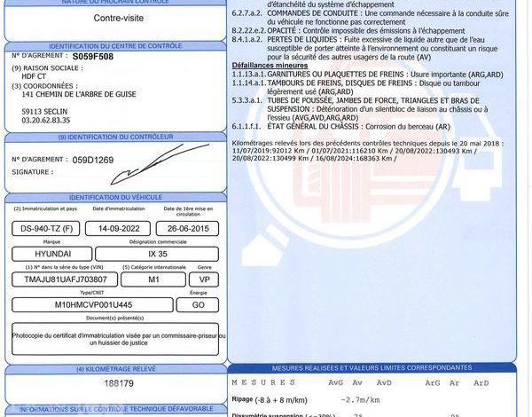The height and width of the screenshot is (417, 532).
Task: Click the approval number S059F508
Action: click(93, 55)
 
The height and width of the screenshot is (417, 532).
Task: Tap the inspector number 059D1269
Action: click(93, 160)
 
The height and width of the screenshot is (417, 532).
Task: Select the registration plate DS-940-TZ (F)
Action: click(45, 229)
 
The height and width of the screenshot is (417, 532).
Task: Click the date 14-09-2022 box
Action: click(117, 229)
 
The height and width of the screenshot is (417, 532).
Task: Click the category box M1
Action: click(152, 279)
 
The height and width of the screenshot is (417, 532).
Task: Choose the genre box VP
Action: click(203, 279)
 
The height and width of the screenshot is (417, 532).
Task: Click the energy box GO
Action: click(203, 304)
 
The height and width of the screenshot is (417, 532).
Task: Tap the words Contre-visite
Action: click(115, 18)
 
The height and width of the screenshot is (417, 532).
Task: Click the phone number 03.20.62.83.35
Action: click(46, 120)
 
